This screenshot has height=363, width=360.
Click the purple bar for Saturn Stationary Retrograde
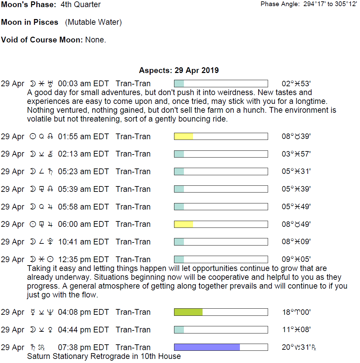coord(207,347)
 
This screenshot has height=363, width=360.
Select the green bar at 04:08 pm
coord(188,312)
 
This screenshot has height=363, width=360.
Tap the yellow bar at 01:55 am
coord(184,137)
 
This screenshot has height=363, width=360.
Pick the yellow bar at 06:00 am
coord(184,224)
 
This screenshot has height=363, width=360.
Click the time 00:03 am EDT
coord(83,84)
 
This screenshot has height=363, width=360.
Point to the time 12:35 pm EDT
coord(83,259)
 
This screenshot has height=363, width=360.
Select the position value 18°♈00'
coord(296,312)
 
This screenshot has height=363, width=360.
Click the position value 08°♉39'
coord(296,137)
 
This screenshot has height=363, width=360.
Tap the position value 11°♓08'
coord(296,330)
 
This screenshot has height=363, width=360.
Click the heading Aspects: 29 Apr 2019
coord(179,71)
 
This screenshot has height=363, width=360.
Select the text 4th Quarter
coord(81,5)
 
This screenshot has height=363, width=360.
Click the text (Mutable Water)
coord(93,22)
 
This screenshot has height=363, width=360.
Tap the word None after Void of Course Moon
coord(95,40)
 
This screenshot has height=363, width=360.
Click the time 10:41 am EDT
coord(83,242)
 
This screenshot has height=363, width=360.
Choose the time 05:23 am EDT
coord(83,171)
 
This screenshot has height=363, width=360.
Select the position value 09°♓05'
coord(296,259)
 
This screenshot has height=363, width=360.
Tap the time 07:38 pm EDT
coord(83,347)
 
